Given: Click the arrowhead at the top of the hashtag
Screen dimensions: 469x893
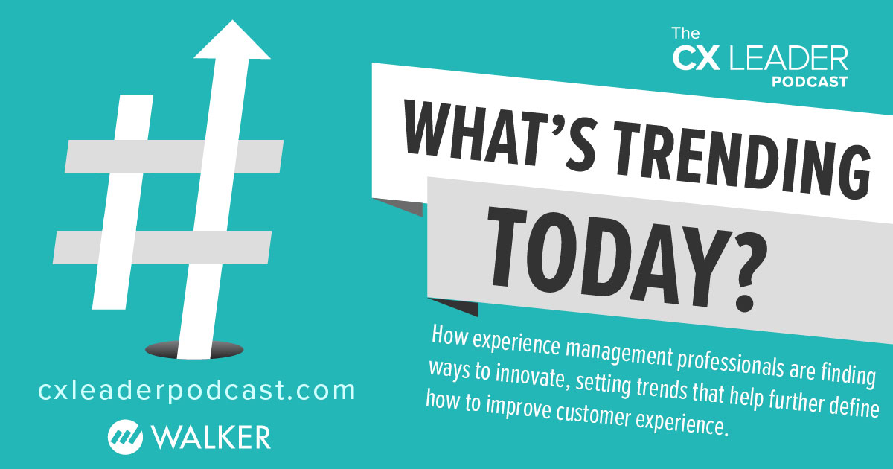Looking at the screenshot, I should click(232, 42).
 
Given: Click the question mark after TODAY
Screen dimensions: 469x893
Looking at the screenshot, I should click(732, 278).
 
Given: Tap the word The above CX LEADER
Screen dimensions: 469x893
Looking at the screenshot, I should click(685, 33).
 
